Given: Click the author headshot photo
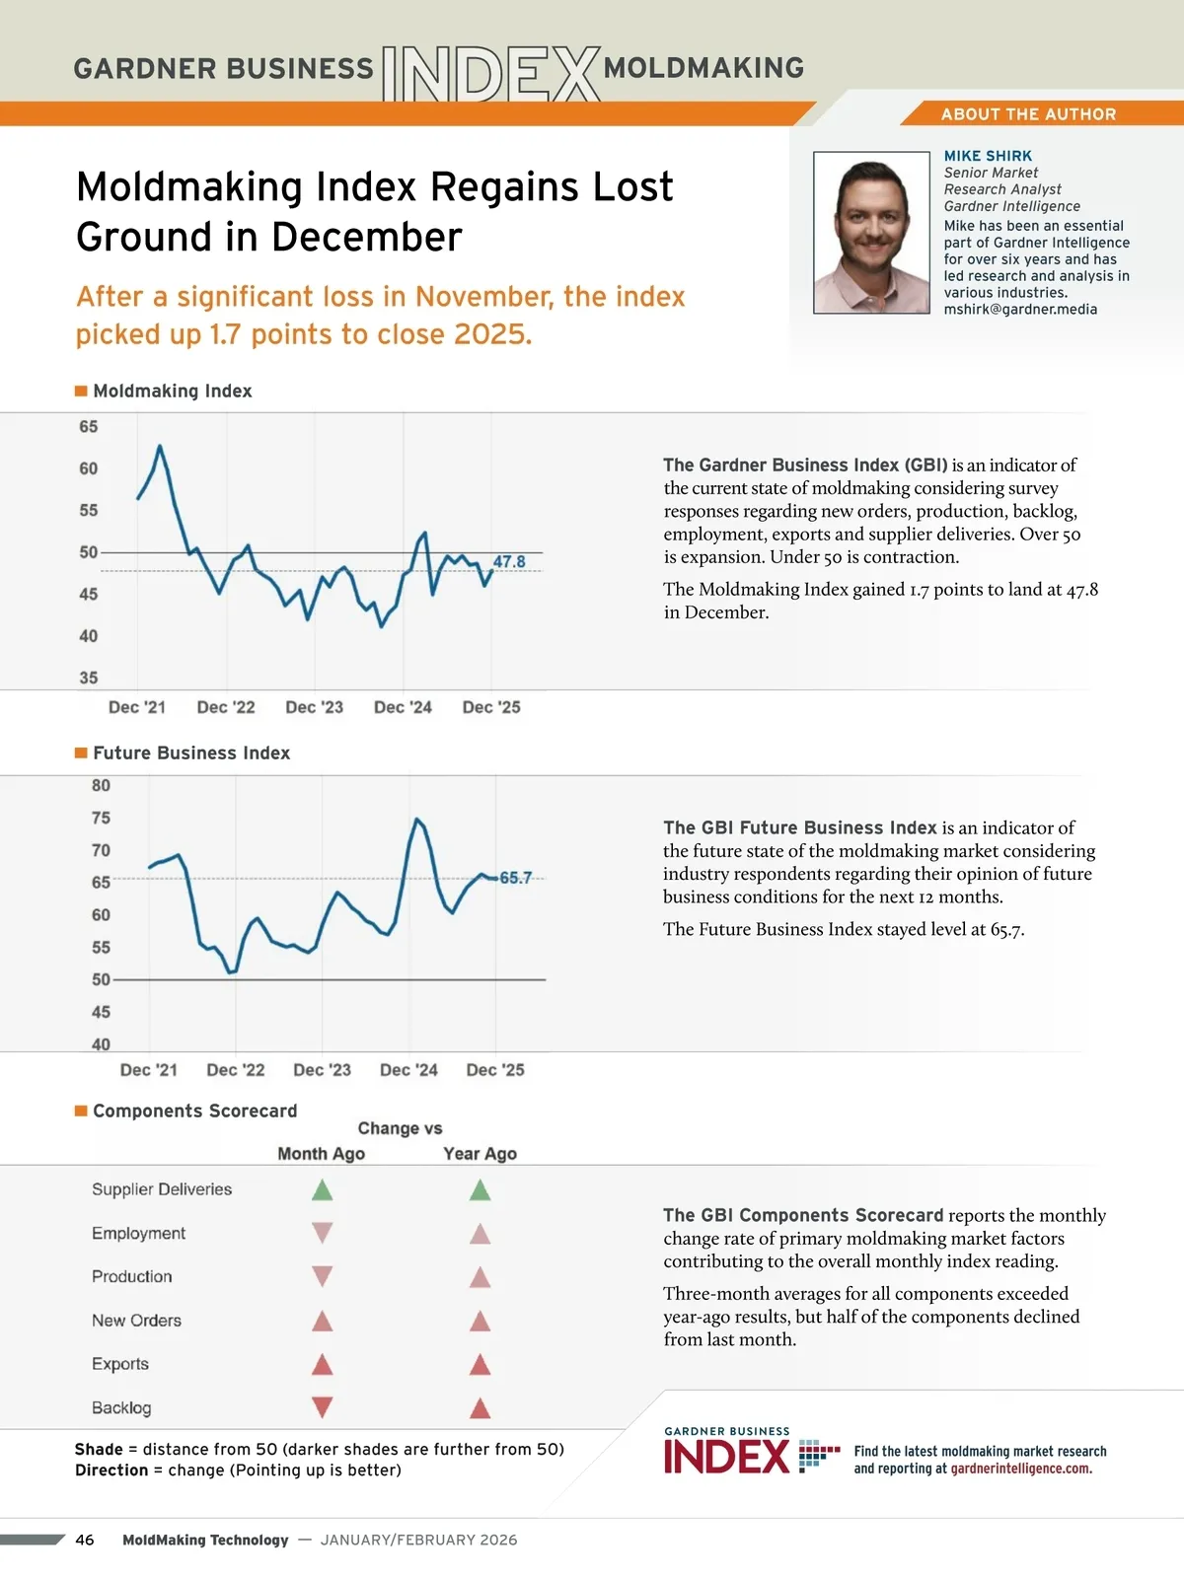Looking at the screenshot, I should coord(871,233).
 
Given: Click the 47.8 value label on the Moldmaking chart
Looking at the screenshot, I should coord(509,562).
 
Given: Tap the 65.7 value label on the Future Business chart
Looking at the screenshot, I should coord(515,878).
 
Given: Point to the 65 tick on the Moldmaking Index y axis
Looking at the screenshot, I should coord(89,427).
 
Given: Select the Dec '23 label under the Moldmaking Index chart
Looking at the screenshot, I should coord(314,707).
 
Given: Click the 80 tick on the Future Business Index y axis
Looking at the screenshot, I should coord(101,786).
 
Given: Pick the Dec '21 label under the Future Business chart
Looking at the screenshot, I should coord(149,1070).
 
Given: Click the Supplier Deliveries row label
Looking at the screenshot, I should coord(162,1189).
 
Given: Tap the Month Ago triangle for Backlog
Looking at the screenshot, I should coord(322,1407).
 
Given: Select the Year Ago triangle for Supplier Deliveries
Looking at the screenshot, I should coord(481,1190).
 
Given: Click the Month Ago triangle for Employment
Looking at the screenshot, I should coord(322,1233).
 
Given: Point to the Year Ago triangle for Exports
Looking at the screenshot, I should coord(481,1365).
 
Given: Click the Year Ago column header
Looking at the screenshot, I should coord(480,1154).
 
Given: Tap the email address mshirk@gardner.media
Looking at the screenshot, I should coord(1020,310).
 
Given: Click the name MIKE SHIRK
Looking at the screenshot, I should coord(988,156).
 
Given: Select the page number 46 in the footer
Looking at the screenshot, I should coord(85,1540).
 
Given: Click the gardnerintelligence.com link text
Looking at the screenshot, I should coord(1020,1469).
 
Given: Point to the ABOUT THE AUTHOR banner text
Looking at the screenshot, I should coord(1028,114).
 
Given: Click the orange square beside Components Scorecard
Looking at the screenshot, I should coord(81,1111).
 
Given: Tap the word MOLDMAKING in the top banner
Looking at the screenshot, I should coord(703,68).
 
